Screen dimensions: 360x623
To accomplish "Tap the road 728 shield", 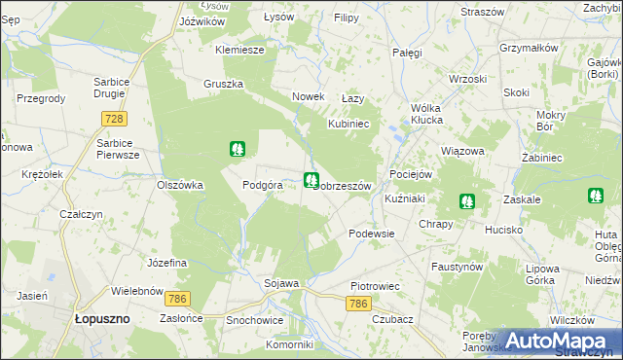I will [115, 118].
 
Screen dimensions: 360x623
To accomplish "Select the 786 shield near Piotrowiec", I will [358, 305].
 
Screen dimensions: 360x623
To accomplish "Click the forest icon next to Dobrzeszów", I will [311, 180].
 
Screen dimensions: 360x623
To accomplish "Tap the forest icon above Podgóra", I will [237, 149].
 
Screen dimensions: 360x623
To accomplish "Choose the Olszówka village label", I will [180, 184].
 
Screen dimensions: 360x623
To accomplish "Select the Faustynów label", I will [457, 266].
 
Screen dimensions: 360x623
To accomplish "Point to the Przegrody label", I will [41, 98].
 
